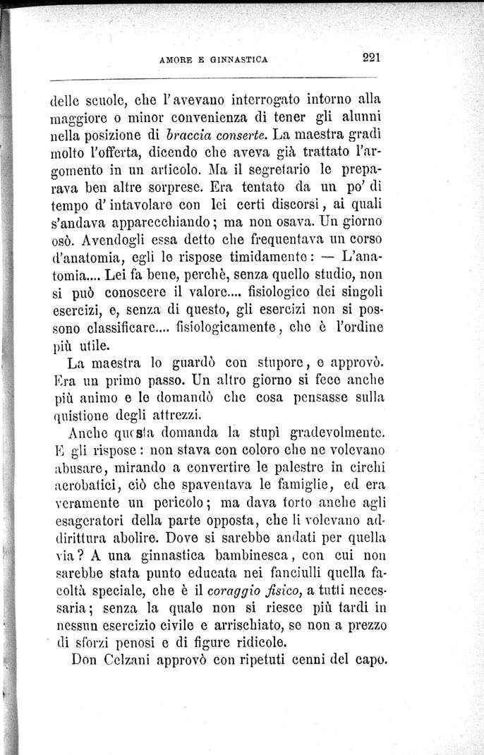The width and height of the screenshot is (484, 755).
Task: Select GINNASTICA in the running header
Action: click(240, 60)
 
